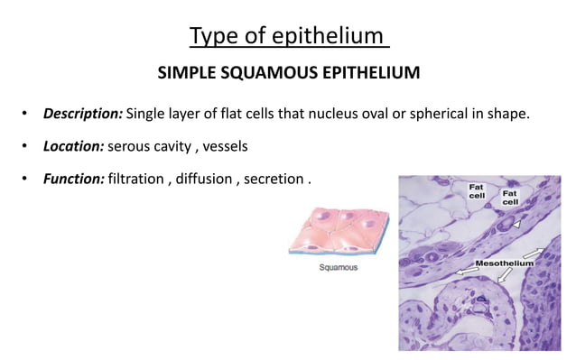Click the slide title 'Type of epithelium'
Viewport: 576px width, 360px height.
288,36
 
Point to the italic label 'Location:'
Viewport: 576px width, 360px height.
73,145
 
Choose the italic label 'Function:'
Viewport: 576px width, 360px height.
73,178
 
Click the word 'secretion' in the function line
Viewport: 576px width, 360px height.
275,178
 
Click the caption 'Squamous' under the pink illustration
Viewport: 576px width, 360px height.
339,268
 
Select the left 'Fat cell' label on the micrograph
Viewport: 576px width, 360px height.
476,191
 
